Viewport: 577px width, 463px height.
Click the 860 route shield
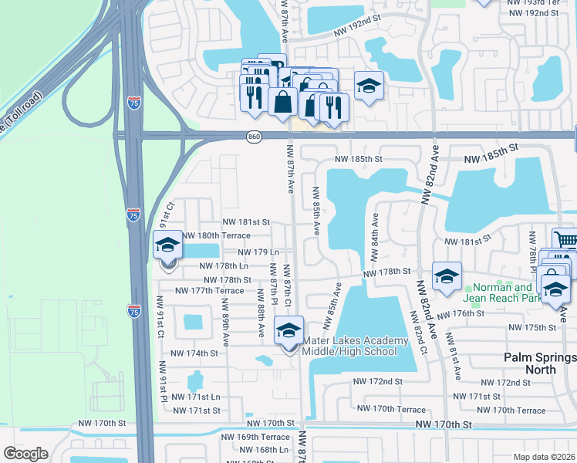[254, 137]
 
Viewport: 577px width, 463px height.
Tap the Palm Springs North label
[539, 363]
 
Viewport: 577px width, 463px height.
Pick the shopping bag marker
[283, 102]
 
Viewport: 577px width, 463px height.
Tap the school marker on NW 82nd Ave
[446, 278]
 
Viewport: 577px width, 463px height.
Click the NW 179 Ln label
[258, 252]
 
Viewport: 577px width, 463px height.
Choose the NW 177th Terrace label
[209, 291]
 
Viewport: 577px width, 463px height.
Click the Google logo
[25, 454]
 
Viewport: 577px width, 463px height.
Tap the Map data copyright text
[544, 457]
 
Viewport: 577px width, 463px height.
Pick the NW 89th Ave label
[226, 330]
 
